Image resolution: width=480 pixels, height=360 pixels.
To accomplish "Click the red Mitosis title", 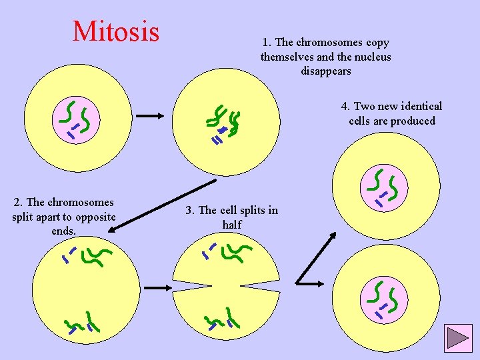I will pyautogui.click(x=116, y=31).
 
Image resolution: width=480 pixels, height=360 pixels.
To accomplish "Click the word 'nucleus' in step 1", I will pyautogui.click(x=373, y=57).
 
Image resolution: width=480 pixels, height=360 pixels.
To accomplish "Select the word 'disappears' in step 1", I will pyautogui.click(x=325, y=71).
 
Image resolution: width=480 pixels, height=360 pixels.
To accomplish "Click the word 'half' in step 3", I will pyautogui.click(x=231, y=225).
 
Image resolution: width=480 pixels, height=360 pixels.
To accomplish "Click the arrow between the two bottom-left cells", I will pyautogui.click(x=158, y=287).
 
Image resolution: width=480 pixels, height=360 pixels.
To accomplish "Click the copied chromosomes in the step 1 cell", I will pyautogui.click(x=224, y=124).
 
